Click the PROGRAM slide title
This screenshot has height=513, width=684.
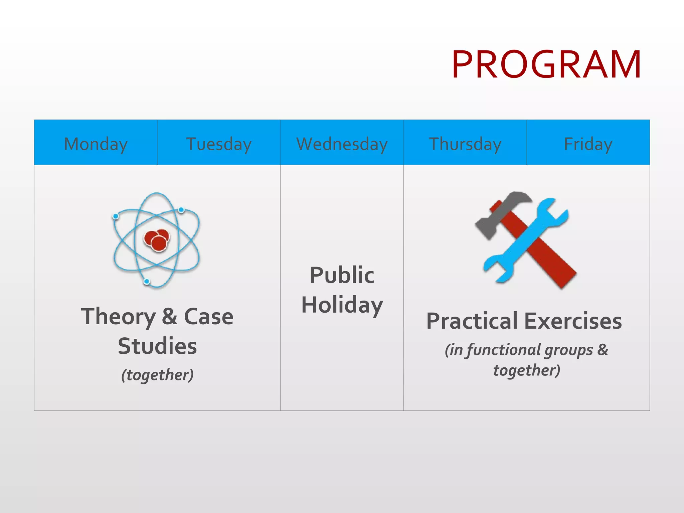(546, 64)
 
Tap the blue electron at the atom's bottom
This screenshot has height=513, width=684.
(147, 282)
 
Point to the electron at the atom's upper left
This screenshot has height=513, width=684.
(116, 216)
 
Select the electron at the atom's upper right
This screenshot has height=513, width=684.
(181, 210)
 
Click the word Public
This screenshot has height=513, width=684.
(342, 276)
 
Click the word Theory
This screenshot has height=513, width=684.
(119, 317)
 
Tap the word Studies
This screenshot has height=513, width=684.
(157, 346)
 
